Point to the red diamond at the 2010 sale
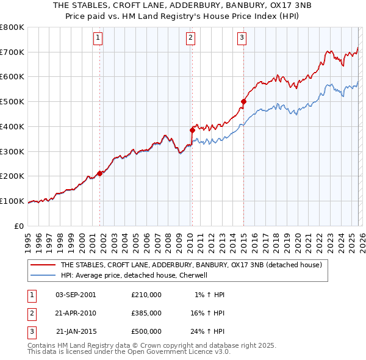point(192,130)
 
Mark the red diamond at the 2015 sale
point(243,102)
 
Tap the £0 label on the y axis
point(18,226)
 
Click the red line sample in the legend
point(43,265)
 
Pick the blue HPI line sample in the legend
point(43,275)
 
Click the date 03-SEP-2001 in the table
point(76,295)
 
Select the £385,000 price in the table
point(146,313)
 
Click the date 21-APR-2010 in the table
point(76,313)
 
